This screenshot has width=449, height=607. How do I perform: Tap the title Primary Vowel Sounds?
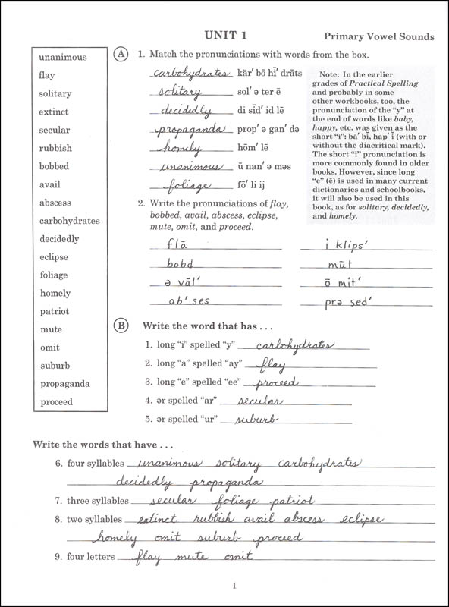(378, 36)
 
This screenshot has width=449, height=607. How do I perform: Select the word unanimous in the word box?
(63, 58)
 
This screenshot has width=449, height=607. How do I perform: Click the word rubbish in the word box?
(55, 149)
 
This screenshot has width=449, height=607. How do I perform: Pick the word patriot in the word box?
(55, 311)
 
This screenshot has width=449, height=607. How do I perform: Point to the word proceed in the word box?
(56, 402)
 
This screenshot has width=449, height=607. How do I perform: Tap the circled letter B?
(120, 326)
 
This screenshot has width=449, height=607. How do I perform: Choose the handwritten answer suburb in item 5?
(257, 419)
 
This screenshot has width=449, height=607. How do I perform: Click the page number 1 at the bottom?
(235, 585)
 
